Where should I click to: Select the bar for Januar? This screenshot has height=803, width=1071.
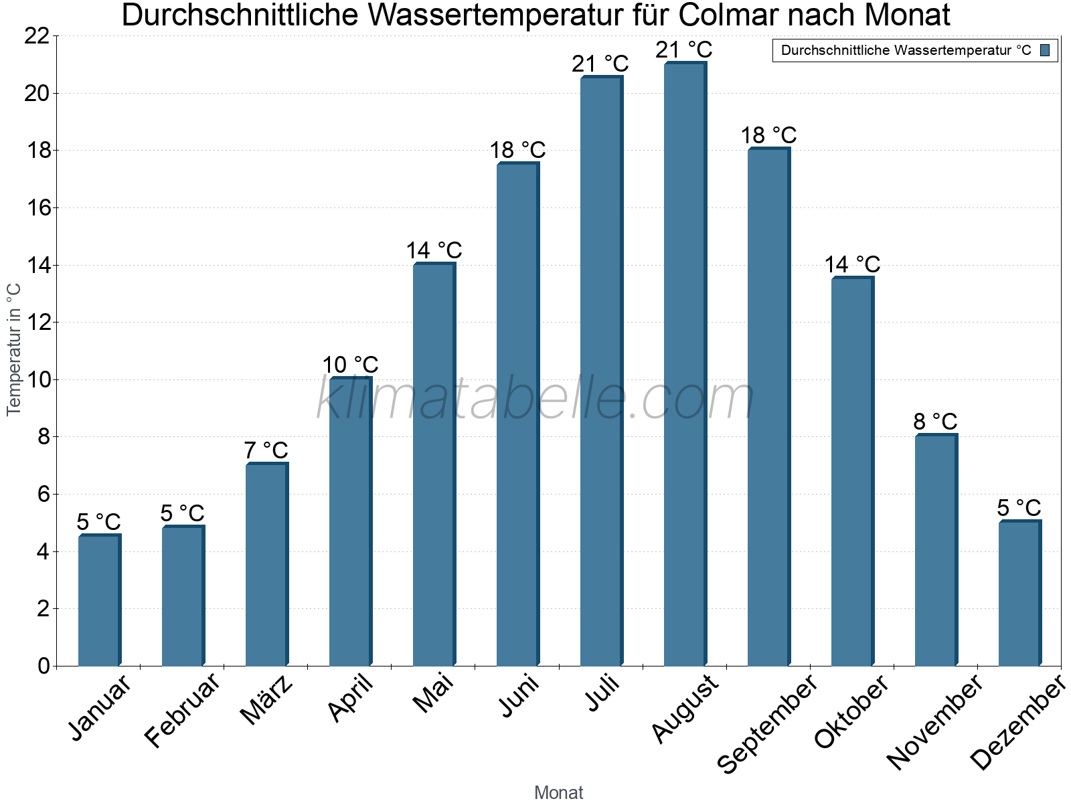pyautogui.click(x=99, y=600)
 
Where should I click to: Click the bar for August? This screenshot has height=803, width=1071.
pyautogui.click(x=685, y=365)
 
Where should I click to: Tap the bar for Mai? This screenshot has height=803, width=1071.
pyautogui.click(x=434, y=465)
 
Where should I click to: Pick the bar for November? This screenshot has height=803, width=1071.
pyautogui.click(x=936, y=550)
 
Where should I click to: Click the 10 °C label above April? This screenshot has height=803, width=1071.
pyautogui.click(x=350, y=365)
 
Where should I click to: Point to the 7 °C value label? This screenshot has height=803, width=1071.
pyautogui.click(x=266, y=450)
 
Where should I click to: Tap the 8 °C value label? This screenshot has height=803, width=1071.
pyautogui.click(x=935, y=422)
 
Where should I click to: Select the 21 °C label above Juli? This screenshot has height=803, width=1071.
pyautogui.click(x=600, y=64)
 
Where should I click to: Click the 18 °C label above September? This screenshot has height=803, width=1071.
pyautogui.click(x=768, y=135)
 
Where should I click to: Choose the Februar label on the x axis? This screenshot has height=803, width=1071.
pyautogui.click(x=182, y=711)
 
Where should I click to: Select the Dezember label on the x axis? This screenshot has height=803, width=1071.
pyautogui.click(x=1017, y=723)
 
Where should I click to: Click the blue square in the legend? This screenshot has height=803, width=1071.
pyautogui.click(x=1045, y=50)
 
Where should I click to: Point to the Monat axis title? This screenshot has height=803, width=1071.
pyautogui.click(x=559, y=792)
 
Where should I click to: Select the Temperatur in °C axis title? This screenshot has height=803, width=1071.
pyautogui.click(x=14, y=349)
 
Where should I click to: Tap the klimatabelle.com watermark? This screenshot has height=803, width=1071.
pyautogui.click(x=535, y=399)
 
